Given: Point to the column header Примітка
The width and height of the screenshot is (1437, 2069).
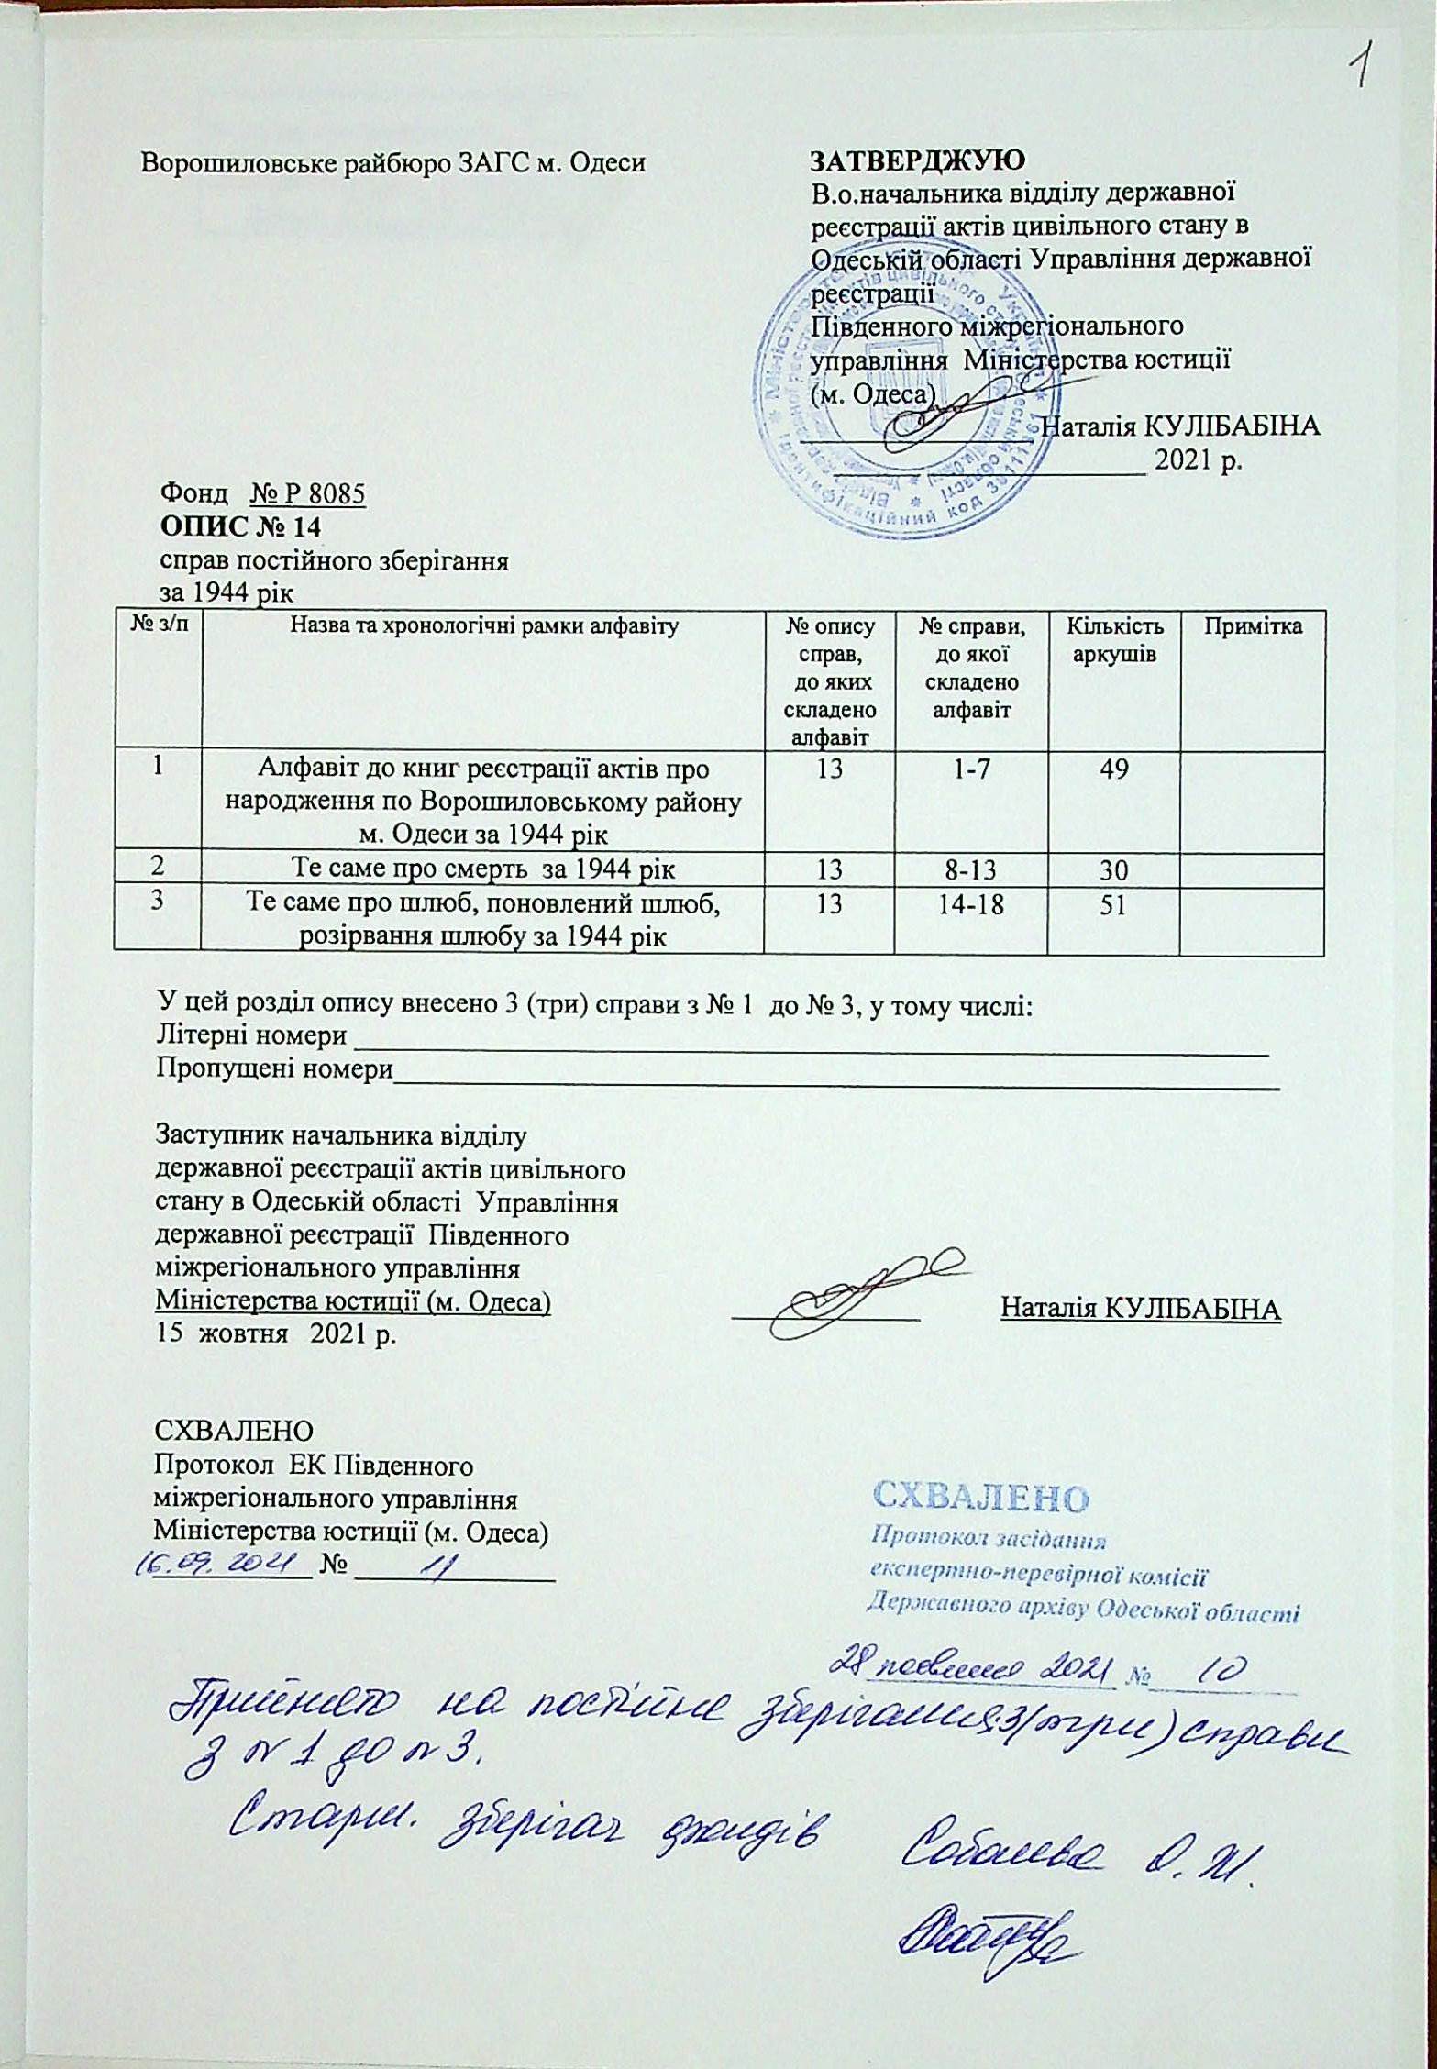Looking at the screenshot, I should tap(1253, 628).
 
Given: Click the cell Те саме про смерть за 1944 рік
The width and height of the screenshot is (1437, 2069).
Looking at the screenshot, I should tap(483, 870).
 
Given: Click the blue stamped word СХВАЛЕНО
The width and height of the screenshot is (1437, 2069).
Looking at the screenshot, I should tap(979, 1498).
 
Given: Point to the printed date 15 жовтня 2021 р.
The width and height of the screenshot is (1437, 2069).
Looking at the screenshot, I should tap(276, 1334).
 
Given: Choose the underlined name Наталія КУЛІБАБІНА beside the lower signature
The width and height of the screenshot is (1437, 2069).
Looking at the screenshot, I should tap(1140, 1309).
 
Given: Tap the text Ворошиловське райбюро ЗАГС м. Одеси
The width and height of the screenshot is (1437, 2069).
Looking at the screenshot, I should tap(392, 163).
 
